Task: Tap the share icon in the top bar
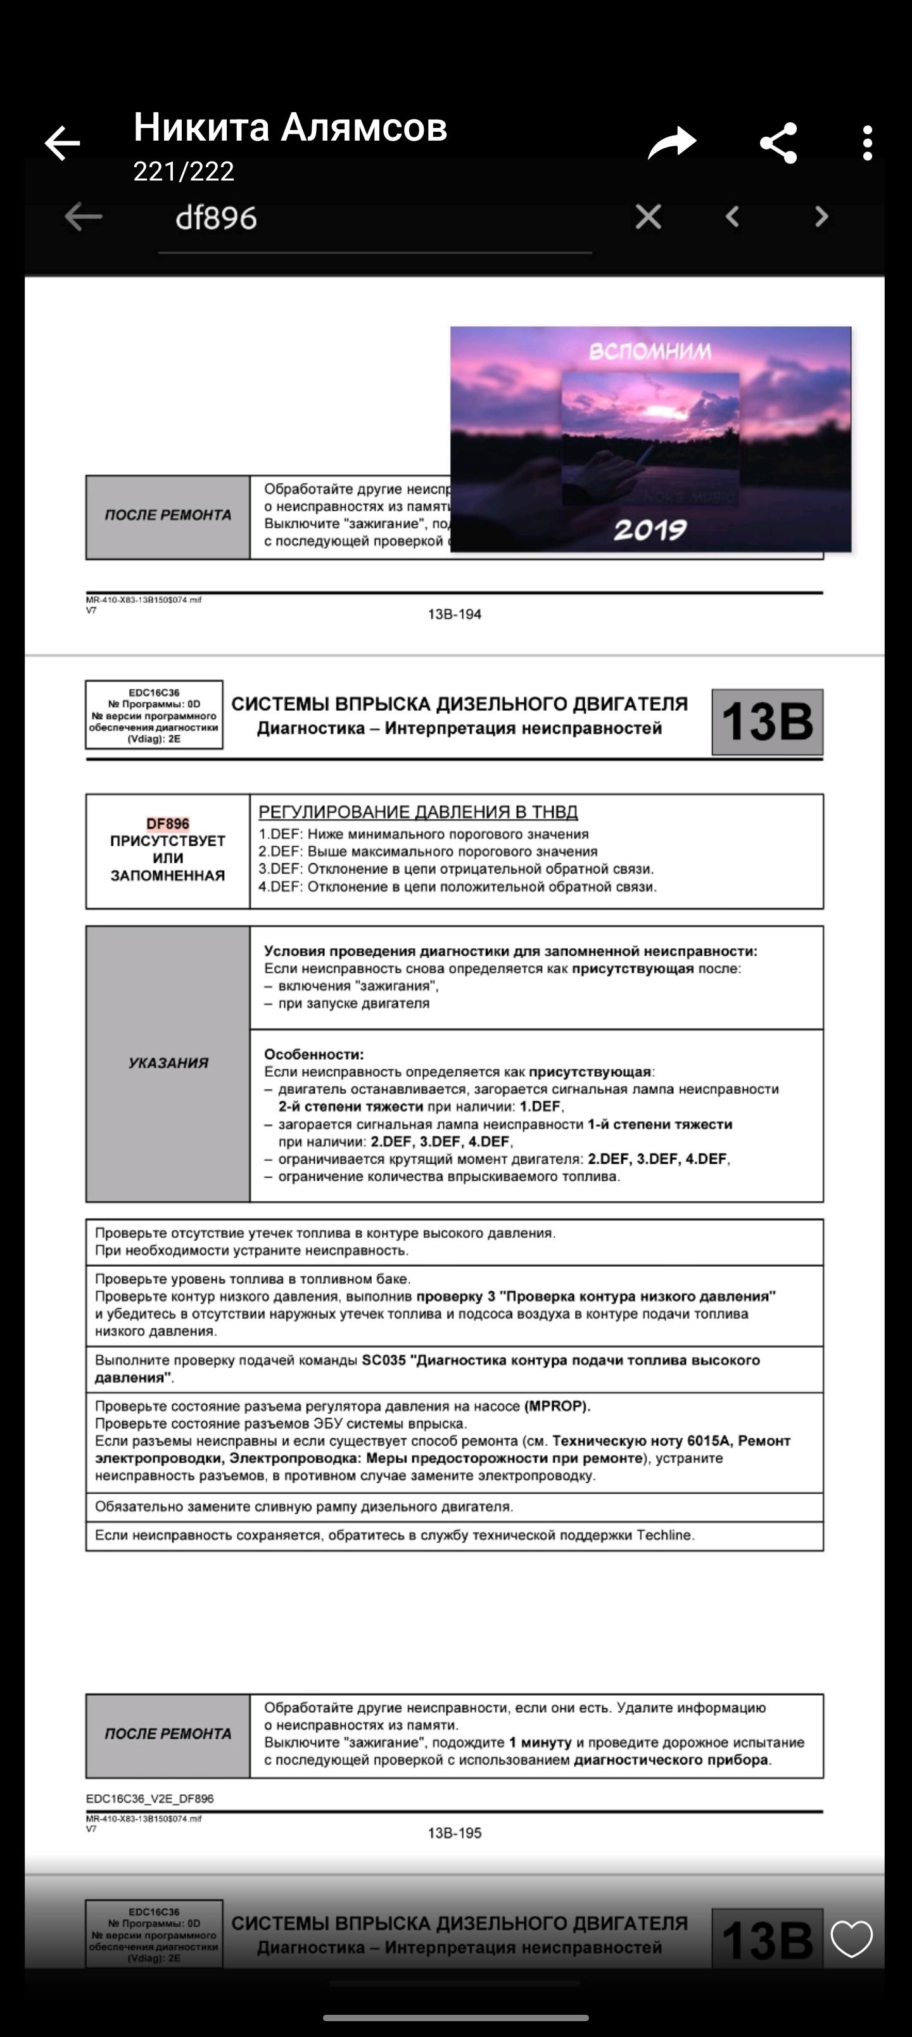point(778,144)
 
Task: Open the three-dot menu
point(868,144)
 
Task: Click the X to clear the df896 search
point(648,217)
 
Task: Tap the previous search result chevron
point(732,217)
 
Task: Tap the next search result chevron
point(821,217)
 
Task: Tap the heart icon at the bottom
point(851,1938)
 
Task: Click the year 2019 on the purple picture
point(649,530)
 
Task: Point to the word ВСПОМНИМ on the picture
point(649,351)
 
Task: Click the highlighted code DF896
point(168,824)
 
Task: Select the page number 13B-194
point(454,614)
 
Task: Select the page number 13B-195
point(454,1833)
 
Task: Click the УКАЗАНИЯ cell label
point(168,1063)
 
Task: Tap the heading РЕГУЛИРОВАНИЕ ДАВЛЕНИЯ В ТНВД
point(417,812)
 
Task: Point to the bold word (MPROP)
point(557,1407)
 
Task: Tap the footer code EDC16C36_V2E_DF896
point(149,1798)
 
